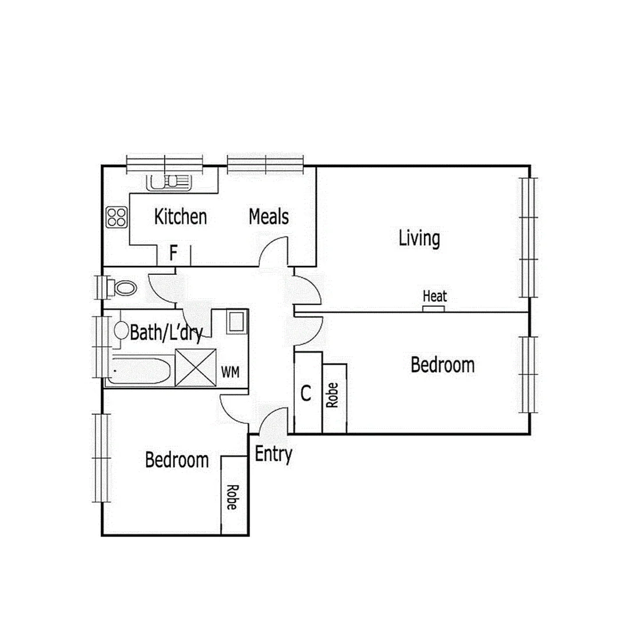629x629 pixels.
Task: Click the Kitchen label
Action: pyautogui.click(x=180, y=217)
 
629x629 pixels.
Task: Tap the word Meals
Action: pyautogui.click(x=268, y=217)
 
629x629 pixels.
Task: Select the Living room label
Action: pyautogui.click(x=419, y=238)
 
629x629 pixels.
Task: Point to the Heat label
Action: pyautogui.click(x=434, y=296)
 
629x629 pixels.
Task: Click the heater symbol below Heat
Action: pyautogui.click(x=434, y=308)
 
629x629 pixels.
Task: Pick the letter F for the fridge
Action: pyautogui.click(x=173, y=253)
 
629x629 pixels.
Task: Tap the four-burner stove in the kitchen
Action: pyautogui.click(x=116, y=217)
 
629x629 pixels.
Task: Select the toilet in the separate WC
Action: pyautogui.click(x=123, y=287)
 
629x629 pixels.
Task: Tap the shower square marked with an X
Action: pyautogui.click(x=196, y=366)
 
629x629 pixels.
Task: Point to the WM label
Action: pyautogui.click(x=230, y=372)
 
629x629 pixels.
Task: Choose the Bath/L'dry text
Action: pyautogui.click(x=165, y=333)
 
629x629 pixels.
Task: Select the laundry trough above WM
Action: pyautogui.click(x=236, y=322)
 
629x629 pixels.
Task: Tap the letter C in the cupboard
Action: pyautogui.click(x=306, y=394)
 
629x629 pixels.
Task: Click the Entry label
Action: pyautogui.click(x=273, y=454)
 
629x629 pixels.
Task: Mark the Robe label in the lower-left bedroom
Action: pyautogui.click(x=231, y=497)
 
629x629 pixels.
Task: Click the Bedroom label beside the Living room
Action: pyautogui.click(x=442, y=366)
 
